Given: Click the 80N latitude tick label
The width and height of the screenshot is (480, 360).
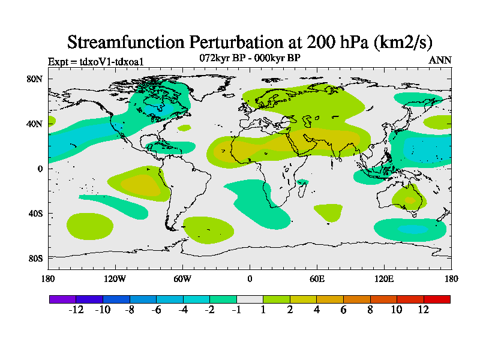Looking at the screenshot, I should point(34,79).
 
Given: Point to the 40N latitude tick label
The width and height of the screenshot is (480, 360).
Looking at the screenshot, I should point(34,124).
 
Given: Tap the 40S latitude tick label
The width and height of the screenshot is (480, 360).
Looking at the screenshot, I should point(34,214).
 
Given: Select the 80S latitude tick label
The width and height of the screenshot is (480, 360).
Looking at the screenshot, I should point(34,259).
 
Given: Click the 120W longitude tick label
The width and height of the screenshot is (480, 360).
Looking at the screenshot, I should point(115,278).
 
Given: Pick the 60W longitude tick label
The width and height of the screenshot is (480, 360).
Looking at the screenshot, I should point(182,278).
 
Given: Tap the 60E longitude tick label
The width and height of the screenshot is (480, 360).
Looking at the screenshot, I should point(317,278).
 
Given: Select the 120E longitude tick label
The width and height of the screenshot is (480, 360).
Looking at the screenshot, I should point(384,278).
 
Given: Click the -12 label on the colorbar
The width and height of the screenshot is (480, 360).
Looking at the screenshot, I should point(76,310).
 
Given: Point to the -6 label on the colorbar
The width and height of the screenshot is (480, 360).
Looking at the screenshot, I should point(156,310).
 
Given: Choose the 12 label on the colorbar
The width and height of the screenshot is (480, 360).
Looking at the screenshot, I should point(424,310).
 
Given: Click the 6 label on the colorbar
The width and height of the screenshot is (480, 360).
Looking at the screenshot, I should point(344,310).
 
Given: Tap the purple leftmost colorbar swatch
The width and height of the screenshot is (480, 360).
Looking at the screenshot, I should point(62,299).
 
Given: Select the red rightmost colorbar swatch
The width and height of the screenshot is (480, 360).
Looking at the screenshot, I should point(437,299).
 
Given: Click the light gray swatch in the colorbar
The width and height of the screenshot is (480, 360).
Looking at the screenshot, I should point(250,299).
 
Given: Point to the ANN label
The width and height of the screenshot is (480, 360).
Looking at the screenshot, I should point(440,61).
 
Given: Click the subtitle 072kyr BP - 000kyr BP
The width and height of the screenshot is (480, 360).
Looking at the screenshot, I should point(250,58).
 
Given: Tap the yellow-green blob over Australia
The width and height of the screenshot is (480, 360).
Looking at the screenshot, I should point(409,198).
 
